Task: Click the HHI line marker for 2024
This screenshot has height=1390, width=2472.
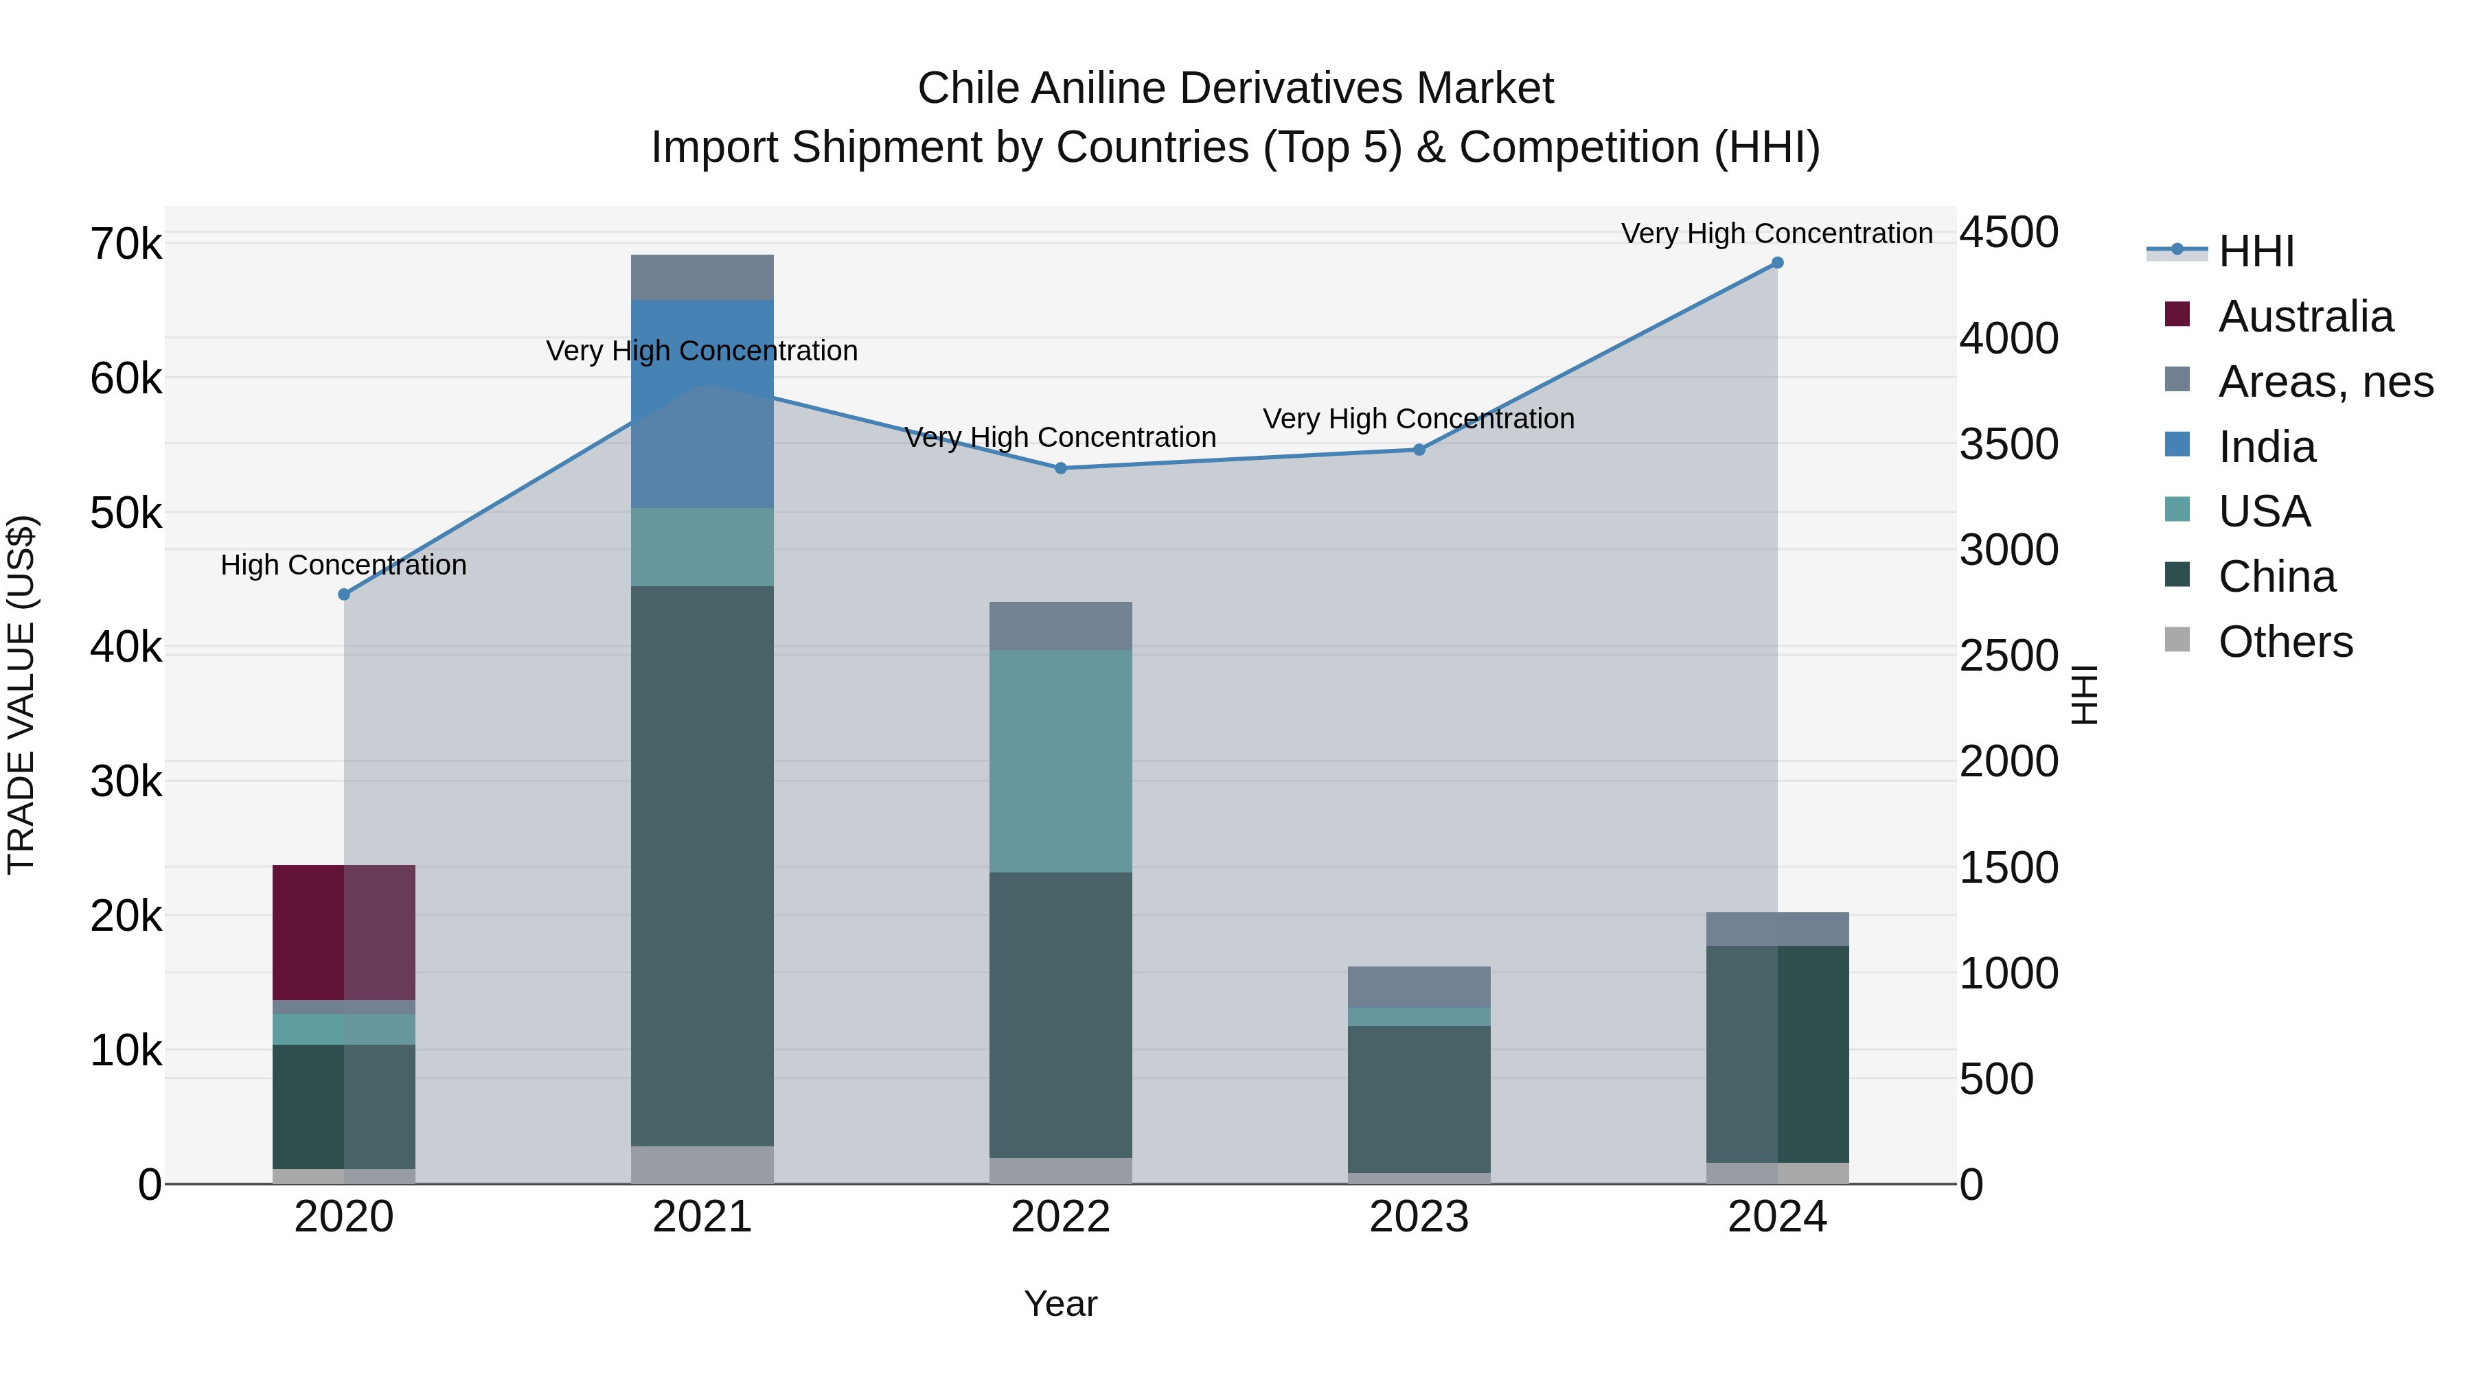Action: (1777, 263)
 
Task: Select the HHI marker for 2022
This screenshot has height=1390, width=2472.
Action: (1060, 468)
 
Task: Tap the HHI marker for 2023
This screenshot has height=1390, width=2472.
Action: (1419, 450)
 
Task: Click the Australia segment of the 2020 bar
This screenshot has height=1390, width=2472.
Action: (343, 932)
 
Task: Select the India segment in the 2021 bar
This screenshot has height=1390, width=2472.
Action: (702, 404)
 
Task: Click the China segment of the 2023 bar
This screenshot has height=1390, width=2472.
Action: (1419, 1100)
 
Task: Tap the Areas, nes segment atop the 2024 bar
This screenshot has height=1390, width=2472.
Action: (1777, 929)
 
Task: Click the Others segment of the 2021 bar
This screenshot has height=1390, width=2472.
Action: (702, 1165)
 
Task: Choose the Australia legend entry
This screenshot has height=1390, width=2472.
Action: (2305, 316)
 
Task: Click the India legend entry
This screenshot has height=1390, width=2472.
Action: (2267, 447)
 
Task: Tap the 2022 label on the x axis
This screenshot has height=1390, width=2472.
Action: (1060, 1217)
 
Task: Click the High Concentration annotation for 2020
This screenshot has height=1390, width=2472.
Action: (343, 565)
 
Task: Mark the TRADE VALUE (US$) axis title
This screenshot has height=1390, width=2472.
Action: (21, 695)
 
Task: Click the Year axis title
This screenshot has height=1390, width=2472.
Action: (1060, 1304)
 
